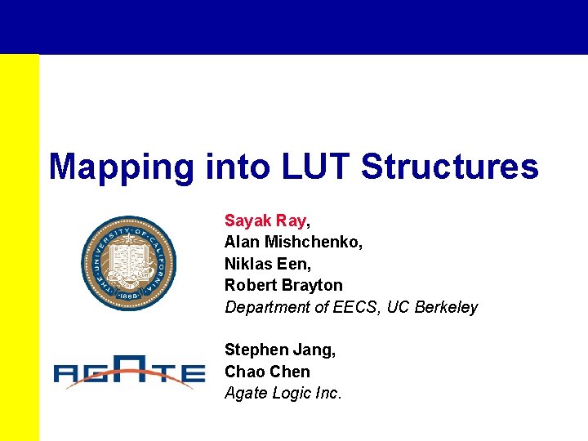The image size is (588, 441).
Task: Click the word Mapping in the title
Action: (x=121, y=167)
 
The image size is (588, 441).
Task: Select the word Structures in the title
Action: (x=450, y=167)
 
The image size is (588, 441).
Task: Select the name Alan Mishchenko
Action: (x=292, y=242)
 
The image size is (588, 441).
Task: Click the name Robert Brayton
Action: (x=283, y=285)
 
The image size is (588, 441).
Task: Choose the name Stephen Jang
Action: (x=278, y=350)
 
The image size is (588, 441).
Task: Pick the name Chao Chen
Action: (x=267, y=372)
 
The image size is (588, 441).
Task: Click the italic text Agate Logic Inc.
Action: (x=283, y=393)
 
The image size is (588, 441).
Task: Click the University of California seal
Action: (x=129, y=263)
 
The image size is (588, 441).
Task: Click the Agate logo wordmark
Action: (x=129, y=374)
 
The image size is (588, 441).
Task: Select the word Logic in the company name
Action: (x=292, y=393)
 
